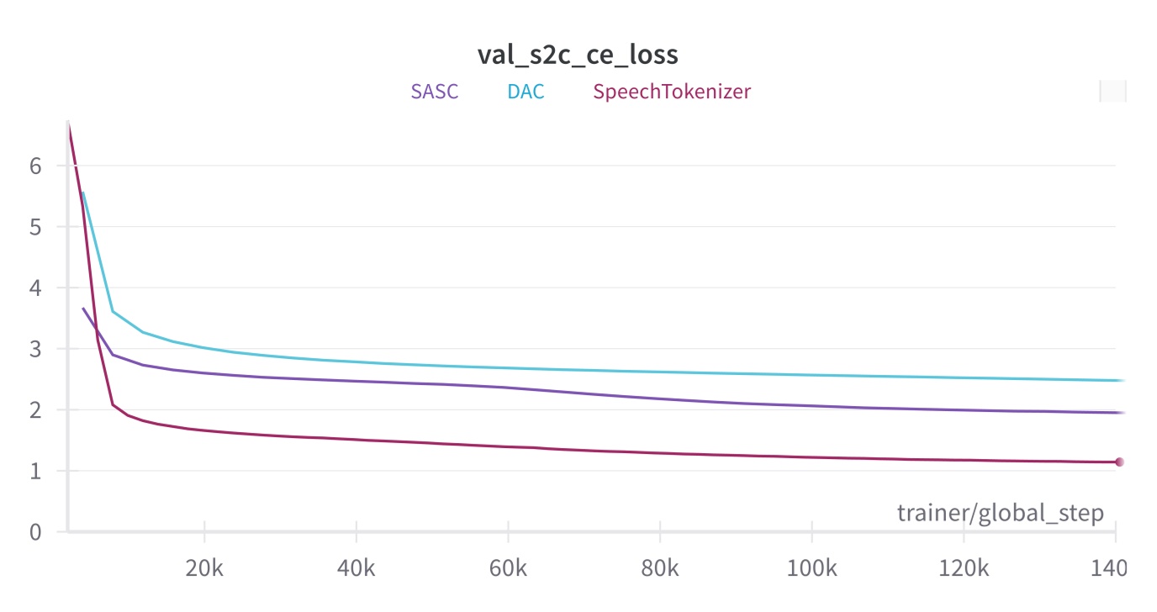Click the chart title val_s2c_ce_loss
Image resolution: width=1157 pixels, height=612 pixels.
pos(578,55)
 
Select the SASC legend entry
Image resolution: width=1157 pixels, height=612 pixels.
pos(435,92)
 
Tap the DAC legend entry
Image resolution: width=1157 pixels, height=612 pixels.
pos(526,92)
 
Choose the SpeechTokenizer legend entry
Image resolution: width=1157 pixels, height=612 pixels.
pos(672,92)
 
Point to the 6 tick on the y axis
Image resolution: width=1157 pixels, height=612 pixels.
pos(35,166)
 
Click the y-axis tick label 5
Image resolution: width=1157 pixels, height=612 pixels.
pos(35,227)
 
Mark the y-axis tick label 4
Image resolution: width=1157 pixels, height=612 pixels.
pos(35,288)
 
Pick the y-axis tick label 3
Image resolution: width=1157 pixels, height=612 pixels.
pos(35,349)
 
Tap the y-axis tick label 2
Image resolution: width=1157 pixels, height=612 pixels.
pos(35,410)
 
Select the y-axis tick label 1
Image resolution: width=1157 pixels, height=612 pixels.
pos(35,471)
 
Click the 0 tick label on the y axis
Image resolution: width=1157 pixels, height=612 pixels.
pos(35,532)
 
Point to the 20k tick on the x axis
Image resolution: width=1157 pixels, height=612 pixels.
pos(205,569)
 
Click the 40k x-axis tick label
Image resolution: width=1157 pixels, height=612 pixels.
pos(357,569)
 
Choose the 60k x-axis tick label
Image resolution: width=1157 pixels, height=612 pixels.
pos(508,569)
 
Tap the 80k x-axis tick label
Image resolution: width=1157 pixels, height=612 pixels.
pos(659,569)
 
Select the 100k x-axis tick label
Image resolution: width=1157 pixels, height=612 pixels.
pos(811,569)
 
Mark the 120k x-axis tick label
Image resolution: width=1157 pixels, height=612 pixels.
pos(963,569)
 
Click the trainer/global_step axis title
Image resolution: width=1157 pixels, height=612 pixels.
pos(1000,513)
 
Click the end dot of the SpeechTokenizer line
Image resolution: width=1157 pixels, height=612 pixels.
pos(1119,462)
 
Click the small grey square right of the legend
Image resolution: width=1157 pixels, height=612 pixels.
pos(1112,91)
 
